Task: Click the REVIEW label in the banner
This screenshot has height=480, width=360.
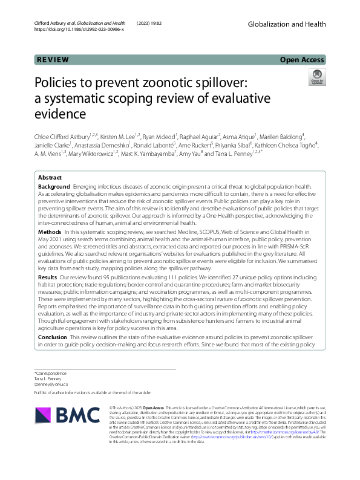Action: click(53, 59)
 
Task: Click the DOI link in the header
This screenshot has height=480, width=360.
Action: click(79, 28)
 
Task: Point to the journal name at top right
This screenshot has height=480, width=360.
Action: click(289, 23)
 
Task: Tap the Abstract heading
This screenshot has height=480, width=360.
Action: click(50, 178)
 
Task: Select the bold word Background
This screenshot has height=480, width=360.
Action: click(53, 187)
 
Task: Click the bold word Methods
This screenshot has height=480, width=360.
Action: click(49, 232)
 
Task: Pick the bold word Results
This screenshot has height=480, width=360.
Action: click(48, 277)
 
